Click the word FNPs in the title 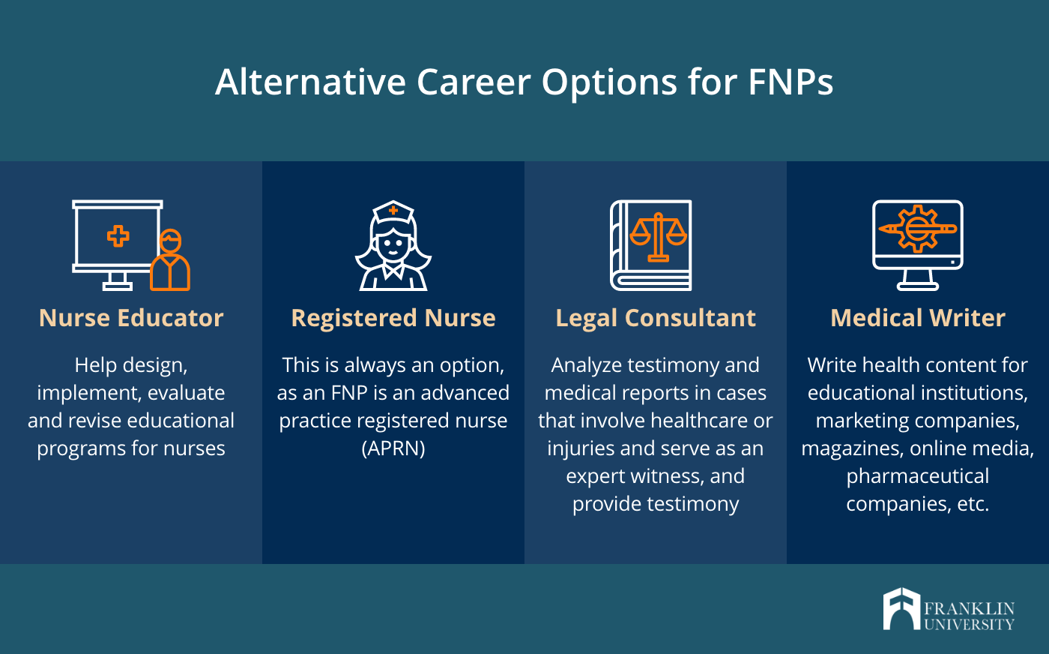[x=790, y=82]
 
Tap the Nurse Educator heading [x=131, y=318]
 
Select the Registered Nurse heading [x=393, y=318]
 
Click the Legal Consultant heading [x=656, y=318]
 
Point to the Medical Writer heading [x=918, y=318]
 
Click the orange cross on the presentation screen [x=118, y=235]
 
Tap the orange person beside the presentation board [x=170, y=259]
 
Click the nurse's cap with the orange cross [x=393, y=212]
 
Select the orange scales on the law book [x=658, y=237]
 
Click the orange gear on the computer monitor [x=917, y=229]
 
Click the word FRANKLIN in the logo [x=970, y=608]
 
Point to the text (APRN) [x=393, y=448]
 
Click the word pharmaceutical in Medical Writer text [x=918, y=476]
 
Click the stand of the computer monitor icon [x=918, y=280]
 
